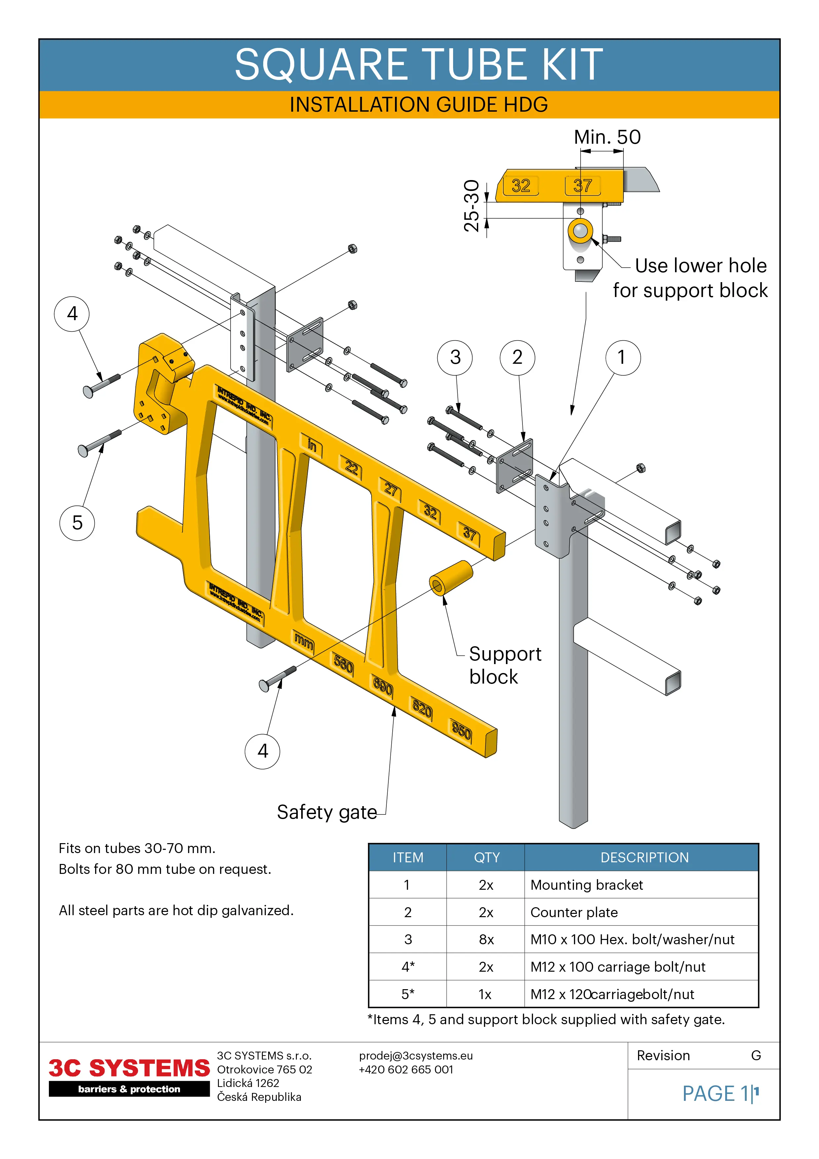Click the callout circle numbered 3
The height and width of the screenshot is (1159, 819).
pyautogui.click(x=455, y=357)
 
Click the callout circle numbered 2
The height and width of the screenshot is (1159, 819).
pyautogui.click(x=517, y=357)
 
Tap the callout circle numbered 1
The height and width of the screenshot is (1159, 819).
pyautogui.click(x=623, y=357)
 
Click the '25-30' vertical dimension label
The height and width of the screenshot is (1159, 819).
pyautogui.click(x=471, y=206)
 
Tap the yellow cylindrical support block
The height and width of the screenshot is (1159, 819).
pyautogui.click(x=451, y=578)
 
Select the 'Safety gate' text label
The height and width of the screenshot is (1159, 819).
pyautogui.click(x=327, y=812)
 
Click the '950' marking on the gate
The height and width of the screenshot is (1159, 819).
pyautogui.click(x=461, y=730)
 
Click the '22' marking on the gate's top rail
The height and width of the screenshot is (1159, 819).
pyautogui.click(x=351, y=468)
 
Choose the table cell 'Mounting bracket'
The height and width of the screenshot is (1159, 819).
pyautogui.click(x=587, y=885)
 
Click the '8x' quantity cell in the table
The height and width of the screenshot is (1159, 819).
pyautogui.click(x=486, y=939)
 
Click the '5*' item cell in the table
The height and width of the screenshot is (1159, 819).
pyautogui.click(x=408, y=994)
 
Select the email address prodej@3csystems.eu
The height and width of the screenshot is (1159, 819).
pyautogui.click(x=416, y=1056)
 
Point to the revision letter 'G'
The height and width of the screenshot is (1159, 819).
pyautogui.click(x=755, y=1056)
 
